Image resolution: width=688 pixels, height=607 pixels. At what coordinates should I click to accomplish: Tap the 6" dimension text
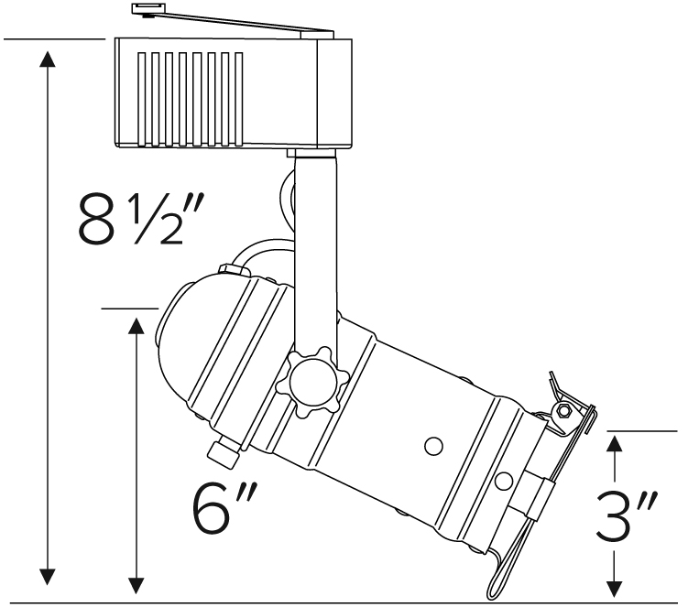[223, 507]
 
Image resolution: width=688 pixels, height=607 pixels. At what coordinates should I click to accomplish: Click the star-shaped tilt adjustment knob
[312, 382]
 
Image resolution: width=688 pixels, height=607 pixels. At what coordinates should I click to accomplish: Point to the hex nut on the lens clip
[563, 412]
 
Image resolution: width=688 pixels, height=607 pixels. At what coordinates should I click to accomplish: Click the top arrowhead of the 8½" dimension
[47, 60]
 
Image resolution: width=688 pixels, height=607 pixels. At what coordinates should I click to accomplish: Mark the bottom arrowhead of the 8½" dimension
[47, 577]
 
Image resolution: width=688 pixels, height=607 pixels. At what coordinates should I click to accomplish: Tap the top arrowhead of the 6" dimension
[137, 326]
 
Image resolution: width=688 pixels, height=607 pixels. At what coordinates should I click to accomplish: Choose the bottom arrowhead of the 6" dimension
[137, 586]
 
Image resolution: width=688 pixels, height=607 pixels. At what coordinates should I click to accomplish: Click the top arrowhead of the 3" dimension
[615, 444]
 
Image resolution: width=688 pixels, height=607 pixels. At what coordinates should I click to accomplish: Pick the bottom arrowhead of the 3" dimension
[615, 588]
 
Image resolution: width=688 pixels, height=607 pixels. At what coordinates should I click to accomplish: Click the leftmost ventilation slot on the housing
[141, 99]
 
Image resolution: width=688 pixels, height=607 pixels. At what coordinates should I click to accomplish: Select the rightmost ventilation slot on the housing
[239, 99]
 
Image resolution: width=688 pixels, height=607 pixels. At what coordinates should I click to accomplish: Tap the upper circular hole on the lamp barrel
[433, 446]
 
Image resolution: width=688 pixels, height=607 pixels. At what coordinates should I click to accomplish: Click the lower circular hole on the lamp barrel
[504, 482]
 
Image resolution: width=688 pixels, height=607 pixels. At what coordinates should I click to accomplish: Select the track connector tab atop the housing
[232, 21]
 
